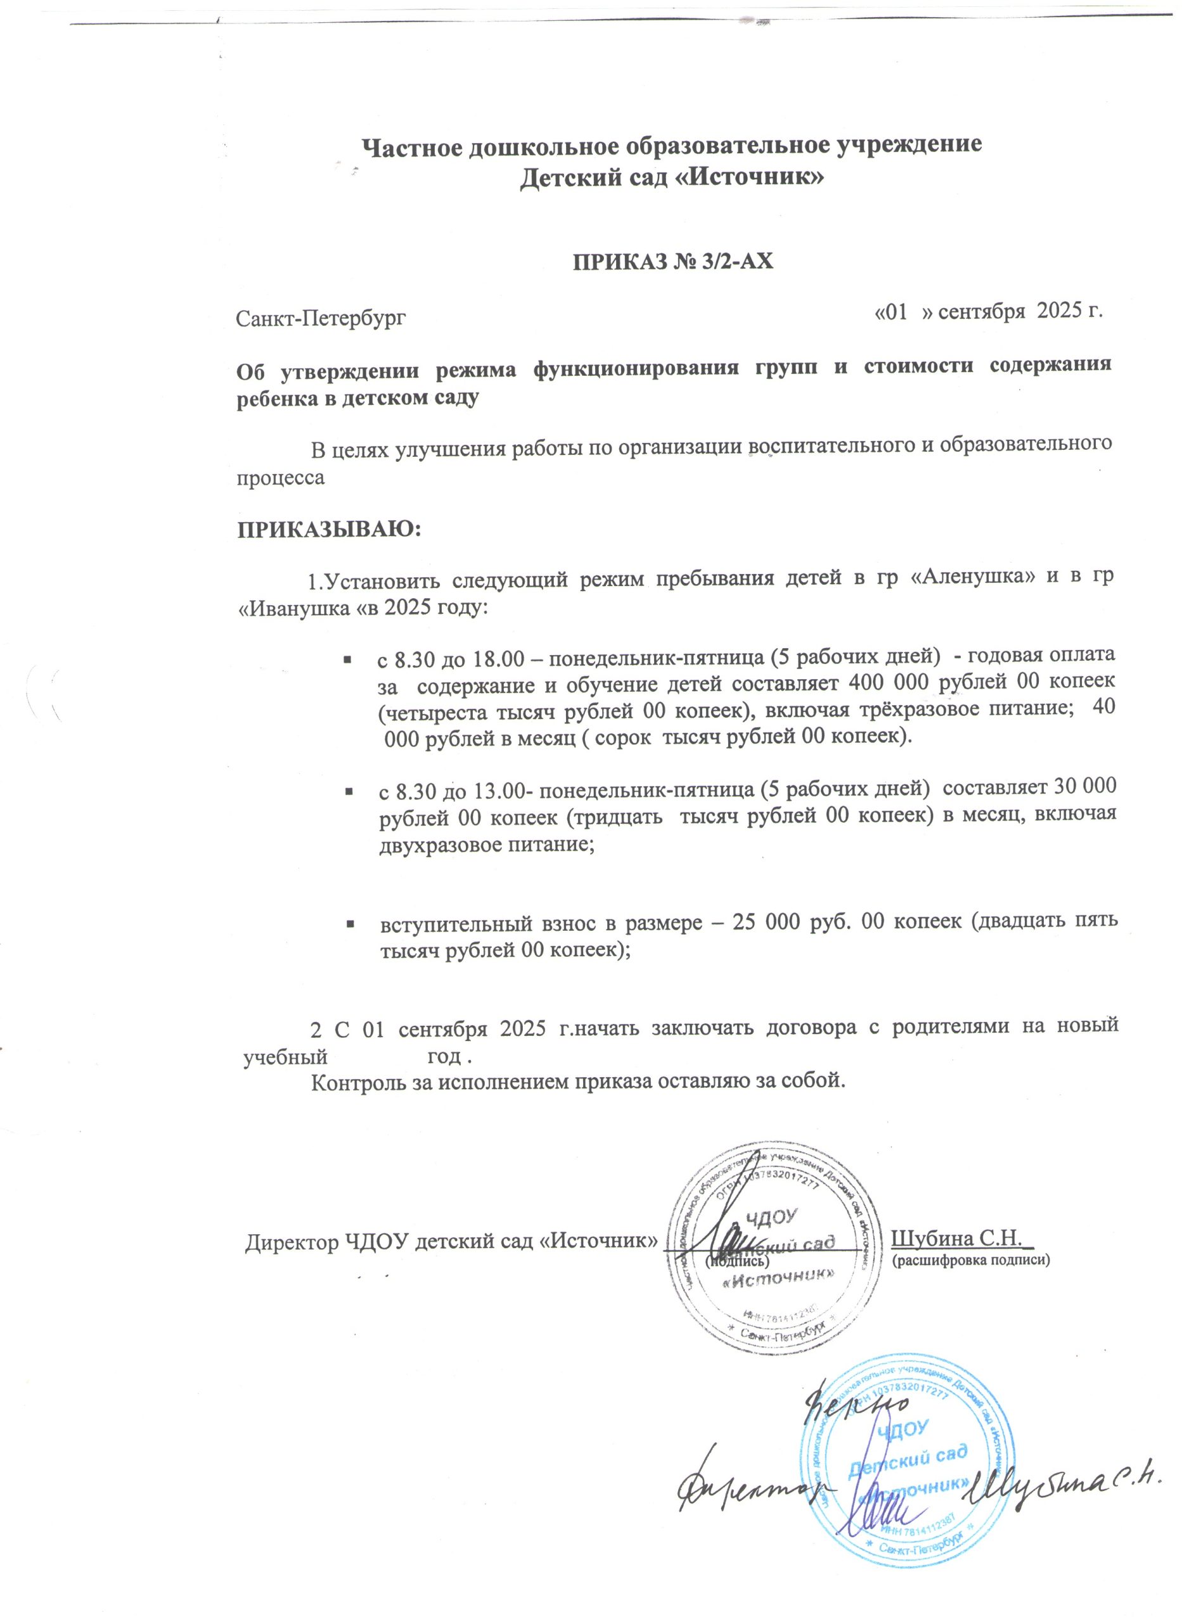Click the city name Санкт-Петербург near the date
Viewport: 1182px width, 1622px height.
(x=321, y=317)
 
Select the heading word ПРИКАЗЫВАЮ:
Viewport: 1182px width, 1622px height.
(x=330, y=530)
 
